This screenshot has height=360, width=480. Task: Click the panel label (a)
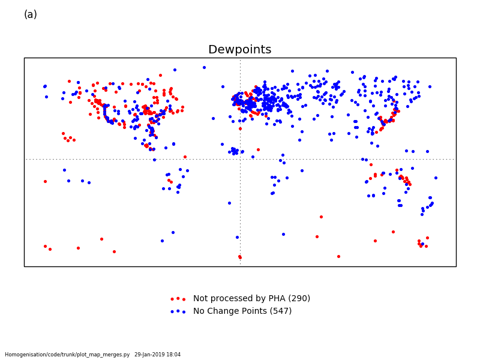point(31,14)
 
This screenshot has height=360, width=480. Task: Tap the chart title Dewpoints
point(239,49)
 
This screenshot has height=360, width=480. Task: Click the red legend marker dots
point(178,299)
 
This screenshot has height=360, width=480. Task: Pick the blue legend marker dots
point(178,311)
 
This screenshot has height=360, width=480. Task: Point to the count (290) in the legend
point(299,298)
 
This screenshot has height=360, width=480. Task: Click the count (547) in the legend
point(281,311)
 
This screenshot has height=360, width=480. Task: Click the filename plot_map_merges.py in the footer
point(104,355)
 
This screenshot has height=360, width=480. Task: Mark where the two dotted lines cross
point(241,159)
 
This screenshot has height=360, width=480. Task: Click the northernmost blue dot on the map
point(204,67)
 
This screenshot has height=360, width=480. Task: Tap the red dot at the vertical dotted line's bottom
point(240,257)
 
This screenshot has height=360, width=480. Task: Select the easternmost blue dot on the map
point(436,178)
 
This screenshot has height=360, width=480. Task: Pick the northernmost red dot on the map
point(160,76)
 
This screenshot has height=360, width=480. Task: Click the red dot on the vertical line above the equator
point(241,129)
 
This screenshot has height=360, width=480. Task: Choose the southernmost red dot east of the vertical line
point(338,257)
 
